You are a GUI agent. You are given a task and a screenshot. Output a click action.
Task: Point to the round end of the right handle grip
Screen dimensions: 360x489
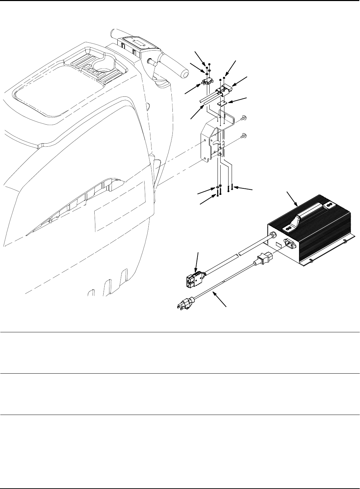click(x=186, y=74)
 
